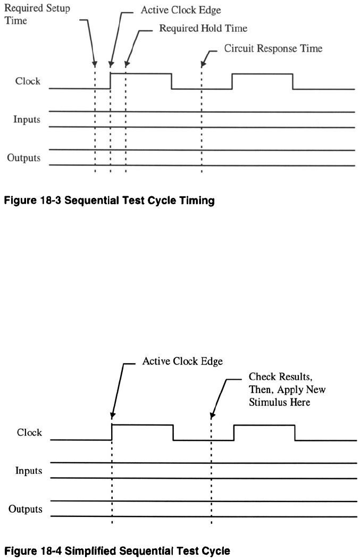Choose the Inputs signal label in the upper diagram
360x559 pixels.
tap(27, 119)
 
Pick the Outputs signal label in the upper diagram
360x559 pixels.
tap(24, 158)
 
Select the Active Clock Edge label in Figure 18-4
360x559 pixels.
tap(182, 361)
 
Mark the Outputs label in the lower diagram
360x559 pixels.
tap(26, 509)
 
